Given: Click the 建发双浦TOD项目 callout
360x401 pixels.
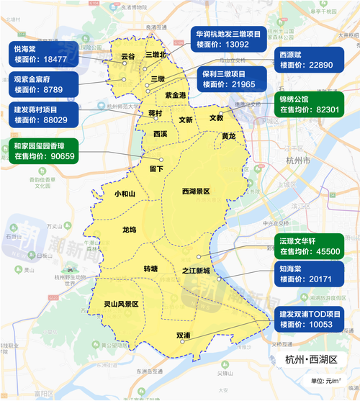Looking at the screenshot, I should tap(315, 319).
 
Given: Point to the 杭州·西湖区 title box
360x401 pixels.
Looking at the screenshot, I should tap(315, 360).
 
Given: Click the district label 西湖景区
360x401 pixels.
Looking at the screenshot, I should tap(195, 192).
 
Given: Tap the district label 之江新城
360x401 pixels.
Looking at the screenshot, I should tap(196, 271).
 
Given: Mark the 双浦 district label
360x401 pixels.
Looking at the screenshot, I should tap(183, 335).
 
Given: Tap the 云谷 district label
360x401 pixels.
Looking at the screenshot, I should tap(127, 55).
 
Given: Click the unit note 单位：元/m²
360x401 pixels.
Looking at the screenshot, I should tap(326, 380).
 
